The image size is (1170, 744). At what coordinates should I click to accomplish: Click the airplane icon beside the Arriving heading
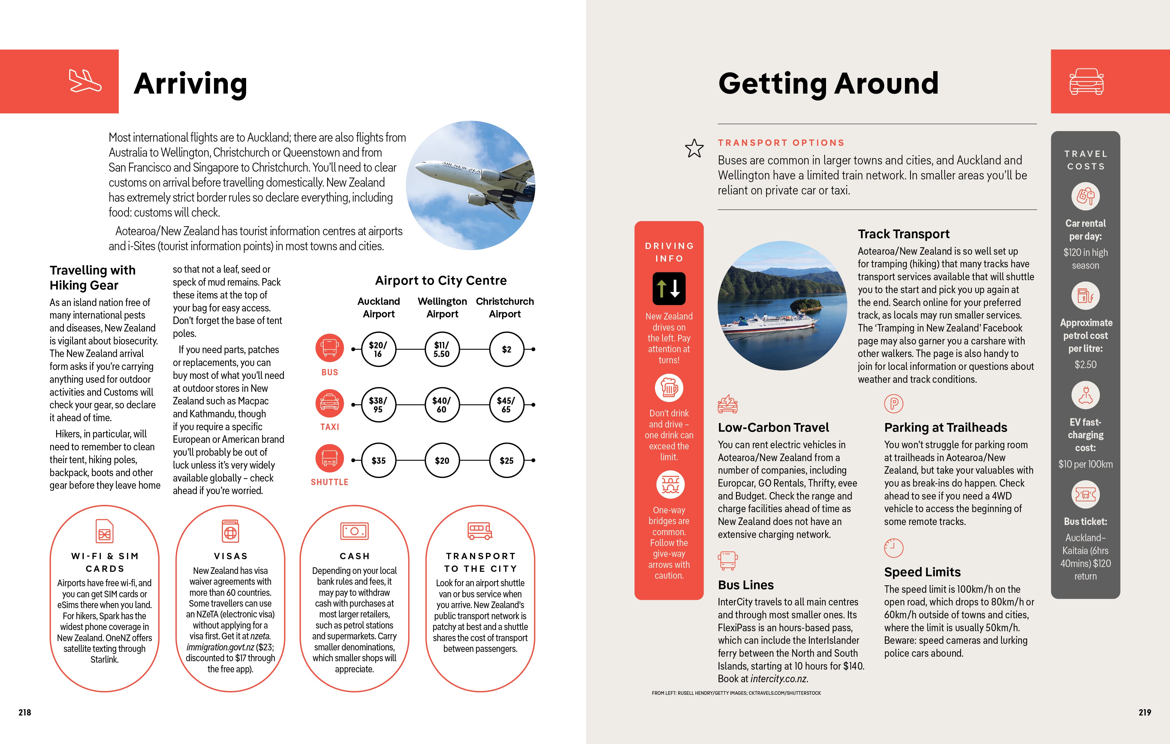[x=85, y=81]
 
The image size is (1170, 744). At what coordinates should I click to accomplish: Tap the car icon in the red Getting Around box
[x=1086, y=81]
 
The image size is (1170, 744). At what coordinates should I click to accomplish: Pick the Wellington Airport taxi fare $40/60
[x=442, y=404]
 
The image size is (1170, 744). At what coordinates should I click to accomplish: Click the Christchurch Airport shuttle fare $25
[x=506, y=460]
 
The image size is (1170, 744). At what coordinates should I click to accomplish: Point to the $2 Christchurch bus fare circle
[x=506, y=349]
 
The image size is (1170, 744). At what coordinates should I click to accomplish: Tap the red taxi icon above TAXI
[x=330, y=403]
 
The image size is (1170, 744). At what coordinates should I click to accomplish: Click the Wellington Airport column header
[x=442, y=307]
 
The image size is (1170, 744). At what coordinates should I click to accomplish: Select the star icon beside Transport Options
[x=694, y=148]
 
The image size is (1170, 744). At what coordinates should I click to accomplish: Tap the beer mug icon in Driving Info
[x=669, y=388]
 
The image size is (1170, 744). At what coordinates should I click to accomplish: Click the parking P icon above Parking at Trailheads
[x=894, y=403]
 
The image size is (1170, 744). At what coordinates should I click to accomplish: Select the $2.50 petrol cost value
[x=1085, y=364]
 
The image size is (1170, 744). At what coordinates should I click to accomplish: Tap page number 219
[x=1144, y=712]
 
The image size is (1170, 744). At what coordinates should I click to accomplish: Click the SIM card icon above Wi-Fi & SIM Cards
[x=104, y=531]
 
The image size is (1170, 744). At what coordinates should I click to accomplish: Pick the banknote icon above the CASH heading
[x=354, y=531]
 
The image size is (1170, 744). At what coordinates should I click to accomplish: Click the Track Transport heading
[x=903, y=234]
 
